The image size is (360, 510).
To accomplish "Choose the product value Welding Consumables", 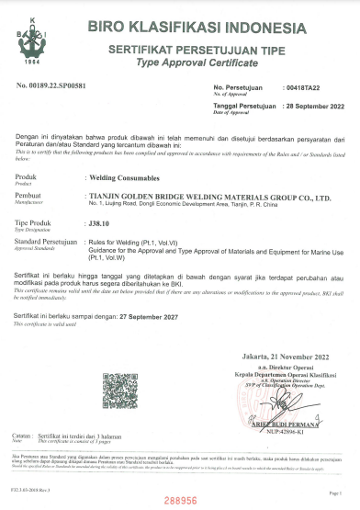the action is (x=119, y=176).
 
